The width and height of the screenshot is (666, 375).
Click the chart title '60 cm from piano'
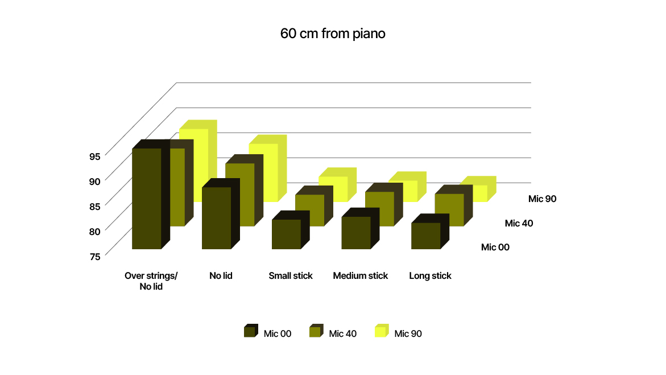tap(333, 34)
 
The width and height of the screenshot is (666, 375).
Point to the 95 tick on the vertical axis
tap(95, 156)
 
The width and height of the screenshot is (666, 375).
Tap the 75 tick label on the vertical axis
tap(95, 257)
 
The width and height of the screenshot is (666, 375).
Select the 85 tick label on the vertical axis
tap(95, 206)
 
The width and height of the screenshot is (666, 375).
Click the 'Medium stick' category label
tap(360, 276)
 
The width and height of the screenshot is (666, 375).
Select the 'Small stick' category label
tap(291, 276)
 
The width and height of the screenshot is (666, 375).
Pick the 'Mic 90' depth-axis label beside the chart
tap(543, 199)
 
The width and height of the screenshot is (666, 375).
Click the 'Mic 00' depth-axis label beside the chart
tap(495, 248)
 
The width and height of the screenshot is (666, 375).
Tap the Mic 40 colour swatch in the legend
tap(316, 331)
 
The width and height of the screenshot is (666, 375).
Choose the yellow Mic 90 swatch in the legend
tap(382, 331)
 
